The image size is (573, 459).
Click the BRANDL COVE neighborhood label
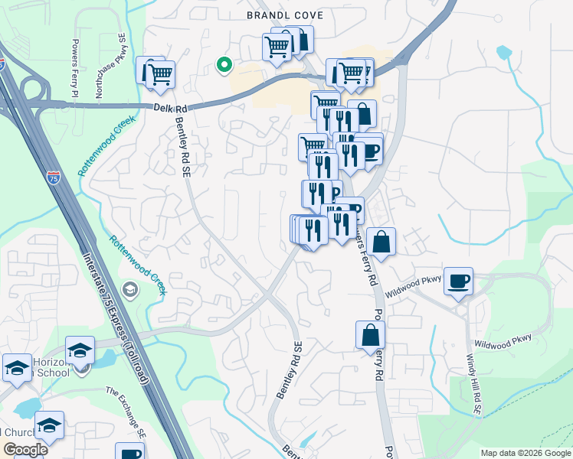[284, 15]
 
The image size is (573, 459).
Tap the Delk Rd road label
[170, 109]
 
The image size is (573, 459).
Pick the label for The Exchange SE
[125, 411]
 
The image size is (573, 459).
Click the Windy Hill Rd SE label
[473, 382]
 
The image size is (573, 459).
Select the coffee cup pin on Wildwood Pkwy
[458, 282]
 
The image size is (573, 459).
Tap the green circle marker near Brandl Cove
[224, 66]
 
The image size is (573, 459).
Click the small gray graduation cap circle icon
[129, 289]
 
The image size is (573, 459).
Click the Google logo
[25, 450]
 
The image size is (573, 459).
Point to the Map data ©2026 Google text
[525, 453]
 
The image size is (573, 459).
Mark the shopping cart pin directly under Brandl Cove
[277, 47]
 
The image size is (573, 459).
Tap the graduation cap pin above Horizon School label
[80, 350]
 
